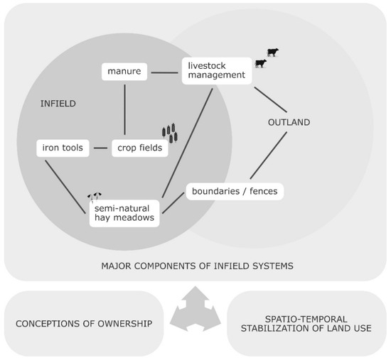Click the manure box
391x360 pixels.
click(124, 71)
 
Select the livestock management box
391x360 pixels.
click(216, 70)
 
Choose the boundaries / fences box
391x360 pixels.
click(235, 191)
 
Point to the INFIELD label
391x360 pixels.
click(58, 104)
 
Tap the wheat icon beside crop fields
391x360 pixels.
click(169, 133)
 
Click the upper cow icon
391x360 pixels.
click(272, 52)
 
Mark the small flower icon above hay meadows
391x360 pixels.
click(94, 195)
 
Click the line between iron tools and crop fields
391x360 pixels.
click(100, 148)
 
